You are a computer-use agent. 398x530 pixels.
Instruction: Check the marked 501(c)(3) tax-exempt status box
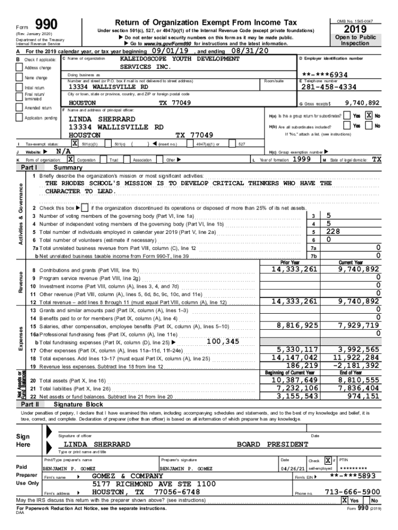click(x=75, y=143)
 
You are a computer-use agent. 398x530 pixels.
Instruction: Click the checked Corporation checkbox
click(x=70, y=160)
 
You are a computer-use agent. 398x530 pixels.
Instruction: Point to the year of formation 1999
click(x=301, y=160)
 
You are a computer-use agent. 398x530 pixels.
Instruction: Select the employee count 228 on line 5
click(x=333, y=232)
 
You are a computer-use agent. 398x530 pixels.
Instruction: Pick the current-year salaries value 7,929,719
click(x=358, y=326)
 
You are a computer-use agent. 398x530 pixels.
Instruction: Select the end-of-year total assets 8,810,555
click(x=358, y=380)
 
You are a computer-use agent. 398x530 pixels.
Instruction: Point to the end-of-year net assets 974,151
click(x=362, y=396)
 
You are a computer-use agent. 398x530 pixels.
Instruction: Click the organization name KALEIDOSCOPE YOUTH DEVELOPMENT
click(x=179, y=59)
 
